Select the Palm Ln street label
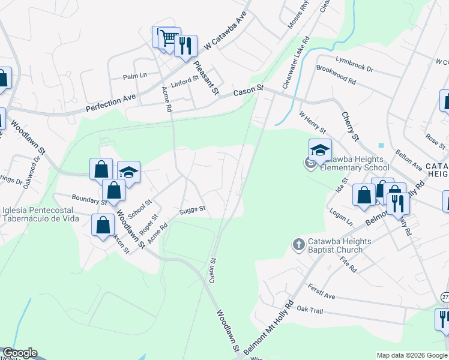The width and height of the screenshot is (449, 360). [135, 76]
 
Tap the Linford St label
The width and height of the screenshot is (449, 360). [184, 81]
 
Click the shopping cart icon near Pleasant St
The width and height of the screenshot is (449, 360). [169, 37]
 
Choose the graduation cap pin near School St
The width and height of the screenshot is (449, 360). [128, 172]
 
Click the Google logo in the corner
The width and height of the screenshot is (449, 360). [20, 353]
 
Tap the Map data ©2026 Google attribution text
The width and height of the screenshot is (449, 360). [412, 355]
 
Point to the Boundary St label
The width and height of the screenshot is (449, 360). [89, 199]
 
